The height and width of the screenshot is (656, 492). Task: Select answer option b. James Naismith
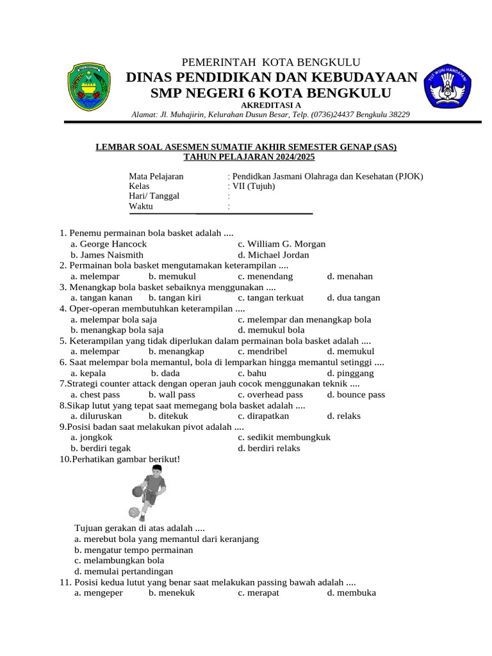[107, 254]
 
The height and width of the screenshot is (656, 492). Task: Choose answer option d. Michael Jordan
[273, 254]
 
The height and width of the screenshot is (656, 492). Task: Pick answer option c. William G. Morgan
[281, 244]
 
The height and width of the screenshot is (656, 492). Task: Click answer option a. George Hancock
[109, 244]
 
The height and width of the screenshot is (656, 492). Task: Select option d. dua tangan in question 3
[353, 297]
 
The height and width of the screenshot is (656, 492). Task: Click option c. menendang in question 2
[265, 276]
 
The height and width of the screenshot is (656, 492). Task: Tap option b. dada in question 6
[165, 373]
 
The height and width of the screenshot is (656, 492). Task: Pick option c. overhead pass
[270, 395]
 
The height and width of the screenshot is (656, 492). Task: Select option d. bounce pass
[356, 395]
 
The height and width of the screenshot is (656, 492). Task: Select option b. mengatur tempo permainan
[133, 550]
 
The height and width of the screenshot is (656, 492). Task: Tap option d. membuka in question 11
[351, 593]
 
